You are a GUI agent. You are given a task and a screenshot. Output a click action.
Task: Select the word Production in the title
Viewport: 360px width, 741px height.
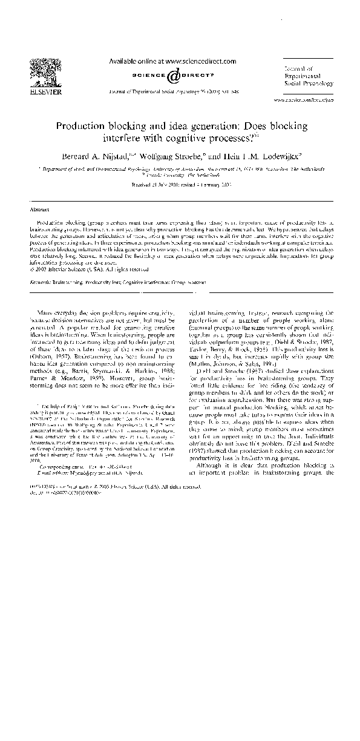[79, 127]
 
